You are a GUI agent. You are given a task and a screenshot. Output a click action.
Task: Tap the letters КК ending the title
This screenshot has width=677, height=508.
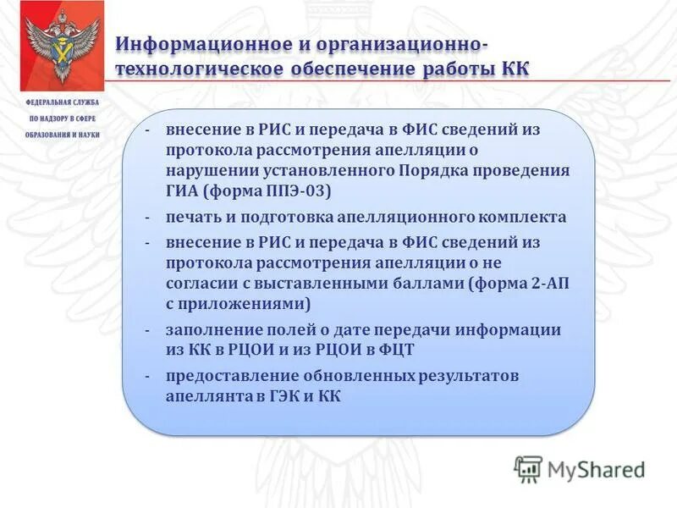(x=512, y=69)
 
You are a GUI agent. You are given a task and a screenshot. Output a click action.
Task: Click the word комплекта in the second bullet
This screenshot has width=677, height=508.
(x=525, y=217)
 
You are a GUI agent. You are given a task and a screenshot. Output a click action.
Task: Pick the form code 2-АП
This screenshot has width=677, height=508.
(x=548, y=284)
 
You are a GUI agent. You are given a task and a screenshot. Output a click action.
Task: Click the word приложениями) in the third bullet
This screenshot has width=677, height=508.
(x=246, y=304)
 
